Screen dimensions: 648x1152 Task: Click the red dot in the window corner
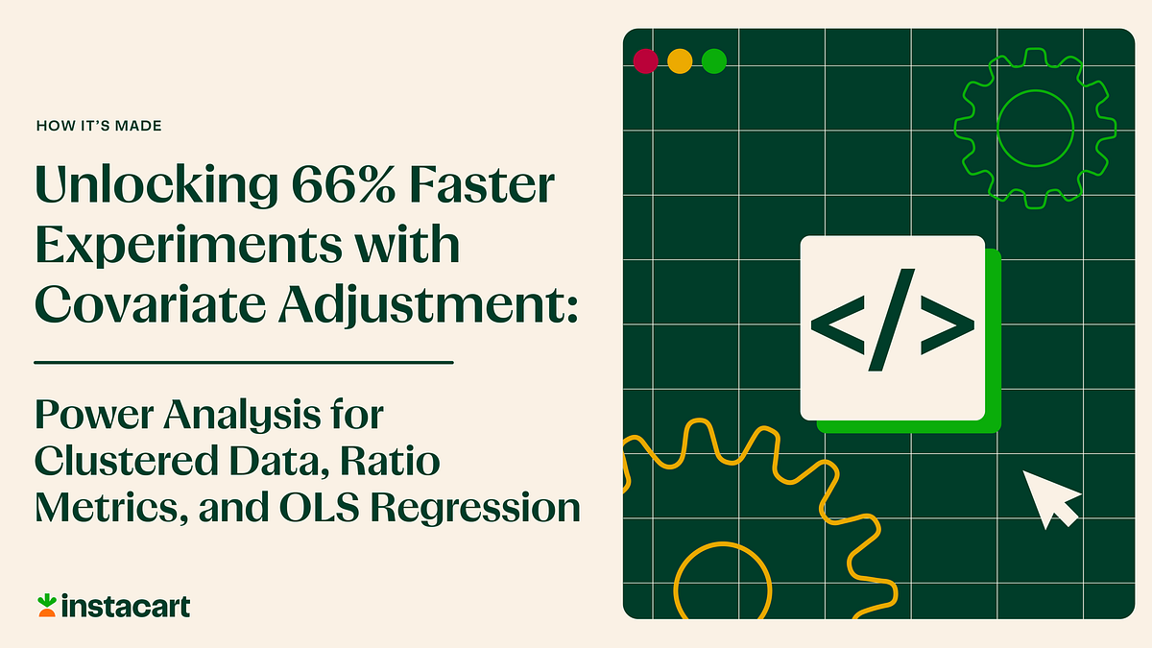(x=646, y=61)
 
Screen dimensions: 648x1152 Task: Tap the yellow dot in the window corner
(x=680, y=61)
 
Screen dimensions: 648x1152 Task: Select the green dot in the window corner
(x=713, y=61)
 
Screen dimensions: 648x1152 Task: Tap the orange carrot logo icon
(x=46, y=605)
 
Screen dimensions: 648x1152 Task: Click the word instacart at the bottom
(x=125, y=606)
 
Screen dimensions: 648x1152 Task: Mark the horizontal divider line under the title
(x=243, y=363)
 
